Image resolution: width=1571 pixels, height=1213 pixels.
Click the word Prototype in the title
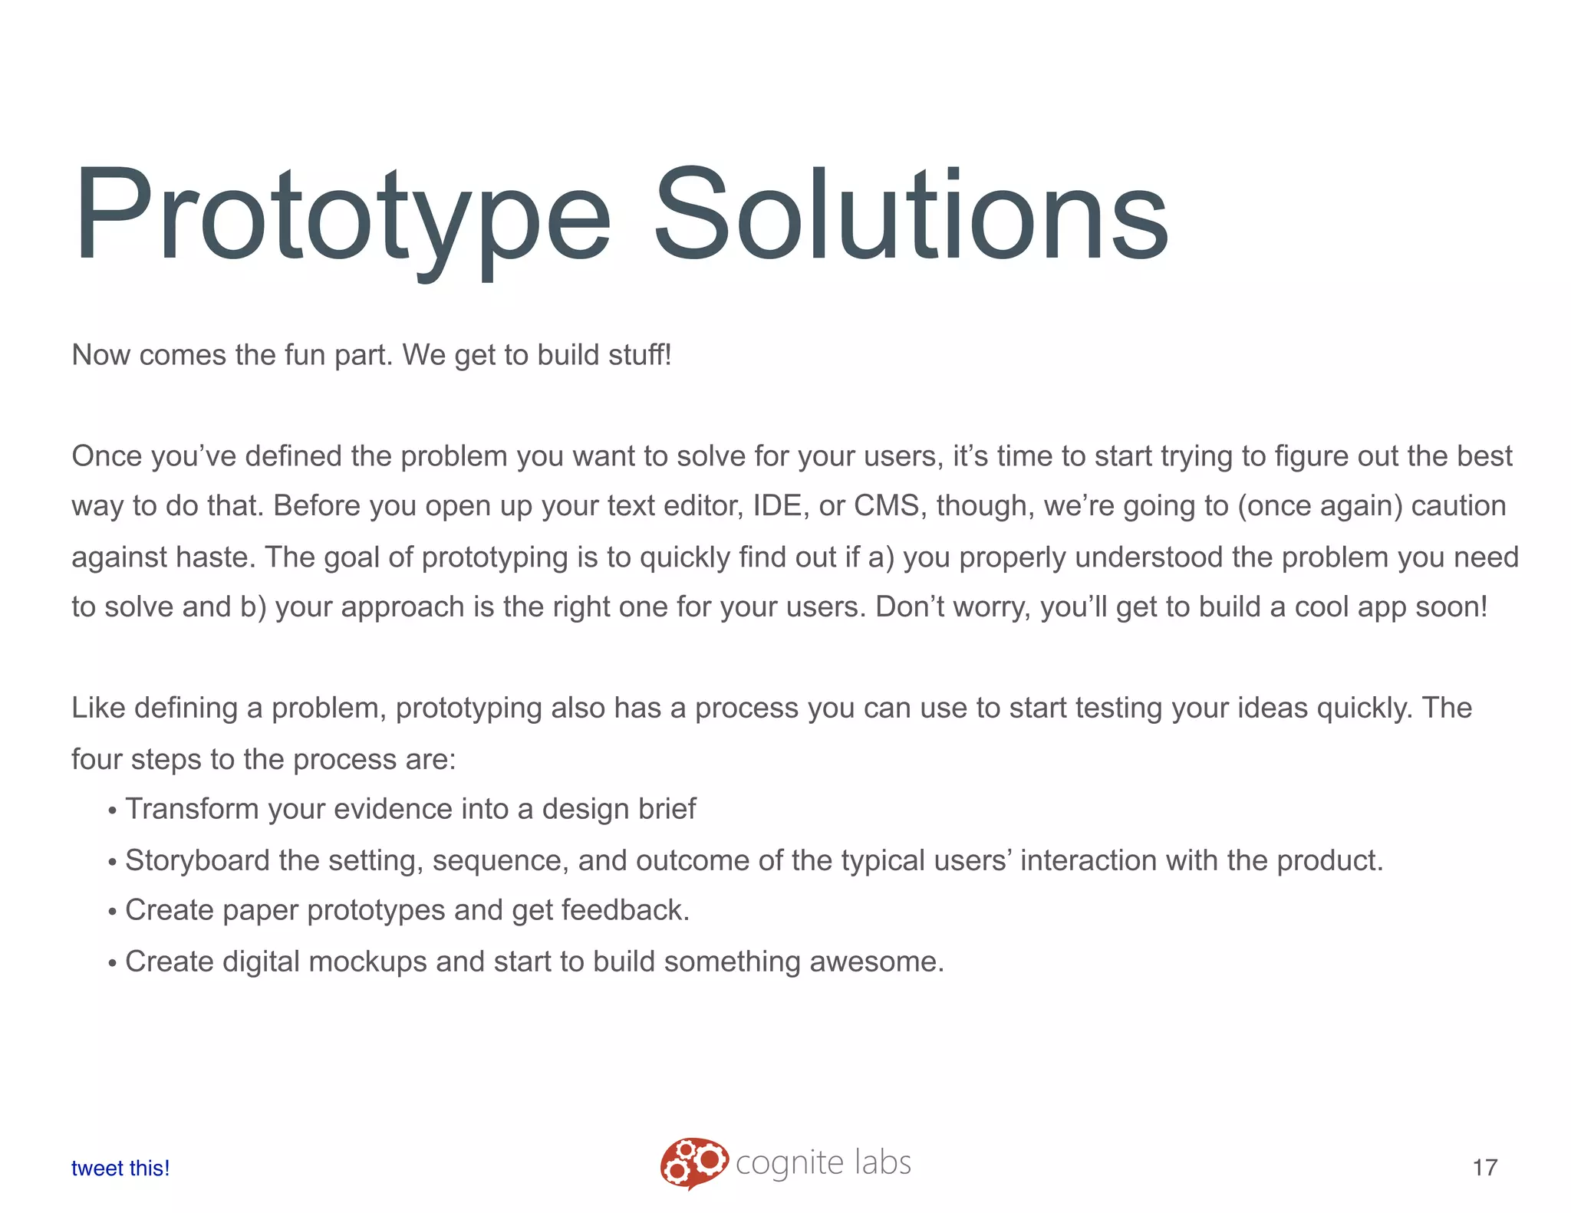click(341, 216)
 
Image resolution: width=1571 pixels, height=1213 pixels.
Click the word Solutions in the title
click(911, 216)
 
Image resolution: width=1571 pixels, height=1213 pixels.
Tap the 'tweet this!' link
click(120, 1168)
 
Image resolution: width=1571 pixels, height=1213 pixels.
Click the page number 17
click(1485, 1168)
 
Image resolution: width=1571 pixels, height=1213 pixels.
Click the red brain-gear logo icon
click(693, 1162)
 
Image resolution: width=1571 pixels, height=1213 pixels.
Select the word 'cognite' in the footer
click(789, 1164)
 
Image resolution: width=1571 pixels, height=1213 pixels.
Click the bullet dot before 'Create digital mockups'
click(112, 964)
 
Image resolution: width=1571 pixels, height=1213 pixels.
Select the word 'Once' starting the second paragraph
click(107, 457)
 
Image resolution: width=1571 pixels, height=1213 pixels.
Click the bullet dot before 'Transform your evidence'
click(112, 811)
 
